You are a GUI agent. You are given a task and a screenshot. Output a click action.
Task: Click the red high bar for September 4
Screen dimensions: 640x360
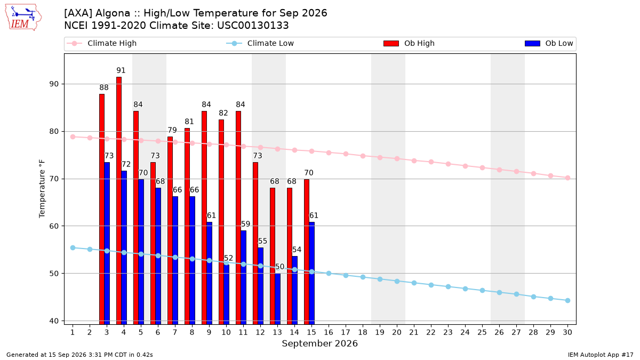point(119,201)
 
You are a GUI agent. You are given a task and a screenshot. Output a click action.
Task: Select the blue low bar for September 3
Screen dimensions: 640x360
point(107,243)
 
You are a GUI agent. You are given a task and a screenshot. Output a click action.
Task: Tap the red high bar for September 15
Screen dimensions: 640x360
point(307,252)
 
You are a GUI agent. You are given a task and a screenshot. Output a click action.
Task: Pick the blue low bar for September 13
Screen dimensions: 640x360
point(277,299)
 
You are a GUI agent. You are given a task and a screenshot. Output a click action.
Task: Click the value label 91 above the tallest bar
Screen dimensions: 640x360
point(121,70)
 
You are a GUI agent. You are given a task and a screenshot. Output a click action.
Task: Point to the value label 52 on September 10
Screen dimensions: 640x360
point(228,258)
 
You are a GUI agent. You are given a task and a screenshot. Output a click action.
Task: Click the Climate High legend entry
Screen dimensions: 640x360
point(101,43)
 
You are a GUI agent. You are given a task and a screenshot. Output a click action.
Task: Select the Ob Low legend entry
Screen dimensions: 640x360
point(549,43)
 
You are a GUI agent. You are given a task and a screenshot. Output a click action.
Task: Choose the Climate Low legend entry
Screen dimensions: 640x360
point(260,43)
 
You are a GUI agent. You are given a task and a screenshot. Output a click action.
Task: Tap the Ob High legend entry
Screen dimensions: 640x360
point(409,43)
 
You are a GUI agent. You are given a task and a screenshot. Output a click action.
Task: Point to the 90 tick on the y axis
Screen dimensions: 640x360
point(54,84)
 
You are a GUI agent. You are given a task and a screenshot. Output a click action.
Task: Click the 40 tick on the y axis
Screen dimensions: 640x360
point(54,321)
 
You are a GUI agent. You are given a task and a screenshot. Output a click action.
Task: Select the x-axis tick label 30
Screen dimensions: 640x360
point(567,332)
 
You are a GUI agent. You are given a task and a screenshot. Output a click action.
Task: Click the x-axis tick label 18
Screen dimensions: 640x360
point(363,332)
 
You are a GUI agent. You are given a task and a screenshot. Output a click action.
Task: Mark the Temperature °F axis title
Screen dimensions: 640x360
point(42,189)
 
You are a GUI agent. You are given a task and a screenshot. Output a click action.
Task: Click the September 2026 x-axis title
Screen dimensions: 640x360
point(319,343)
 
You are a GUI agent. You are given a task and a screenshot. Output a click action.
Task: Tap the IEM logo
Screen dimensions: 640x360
point(23,18)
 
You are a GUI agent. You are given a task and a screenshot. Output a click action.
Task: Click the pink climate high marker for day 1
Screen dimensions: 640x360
point(73,137)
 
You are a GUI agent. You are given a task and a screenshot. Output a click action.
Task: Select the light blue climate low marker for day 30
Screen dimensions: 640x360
point(567,301)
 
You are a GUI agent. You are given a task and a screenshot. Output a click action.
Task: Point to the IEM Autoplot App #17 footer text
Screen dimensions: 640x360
point(601,355)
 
